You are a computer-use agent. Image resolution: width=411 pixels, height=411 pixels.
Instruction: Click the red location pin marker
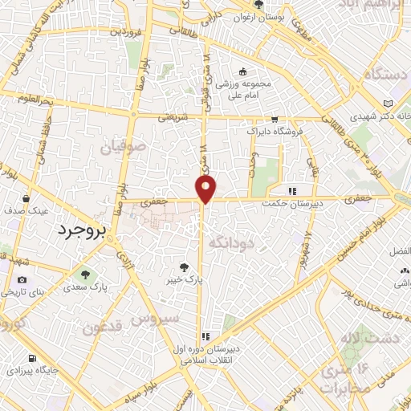206,189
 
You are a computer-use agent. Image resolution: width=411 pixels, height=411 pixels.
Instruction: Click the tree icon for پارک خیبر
185,267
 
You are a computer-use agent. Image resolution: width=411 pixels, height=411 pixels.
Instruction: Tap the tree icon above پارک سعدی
98,272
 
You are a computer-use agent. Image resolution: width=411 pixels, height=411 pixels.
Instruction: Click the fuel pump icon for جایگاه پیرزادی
31,359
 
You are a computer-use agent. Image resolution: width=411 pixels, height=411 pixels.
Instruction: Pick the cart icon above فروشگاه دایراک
275,118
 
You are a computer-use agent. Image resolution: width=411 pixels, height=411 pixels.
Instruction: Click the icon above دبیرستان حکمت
292,191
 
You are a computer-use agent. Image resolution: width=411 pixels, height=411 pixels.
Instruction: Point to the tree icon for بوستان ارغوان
259,6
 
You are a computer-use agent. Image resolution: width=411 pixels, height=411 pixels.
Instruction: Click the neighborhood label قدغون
103,328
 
